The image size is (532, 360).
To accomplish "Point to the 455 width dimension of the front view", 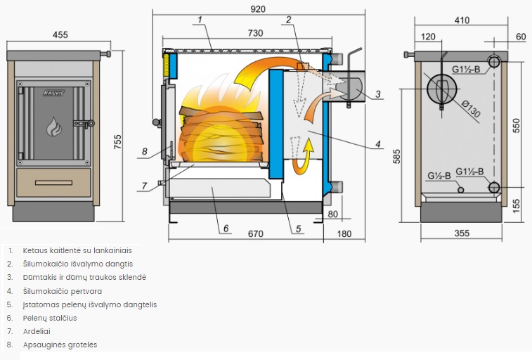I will coord(60,34).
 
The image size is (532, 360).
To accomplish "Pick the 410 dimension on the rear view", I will coord(461,20).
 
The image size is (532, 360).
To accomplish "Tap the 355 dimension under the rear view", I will coord(461,233).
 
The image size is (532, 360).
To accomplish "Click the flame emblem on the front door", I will coord(53,127).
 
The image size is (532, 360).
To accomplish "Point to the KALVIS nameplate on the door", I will coord(53,92).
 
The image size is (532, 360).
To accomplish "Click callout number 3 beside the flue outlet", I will coord(377,94).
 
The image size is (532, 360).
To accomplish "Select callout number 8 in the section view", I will coord(144,151).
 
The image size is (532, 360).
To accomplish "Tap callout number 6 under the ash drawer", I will coord(226,228).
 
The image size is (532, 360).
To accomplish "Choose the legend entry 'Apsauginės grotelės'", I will coord(60,345).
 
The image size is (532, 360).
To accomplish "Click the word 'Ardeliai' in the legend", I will coord(37,331).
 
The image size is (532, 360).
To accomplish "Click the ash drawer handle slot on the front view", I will coord(53,182).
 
